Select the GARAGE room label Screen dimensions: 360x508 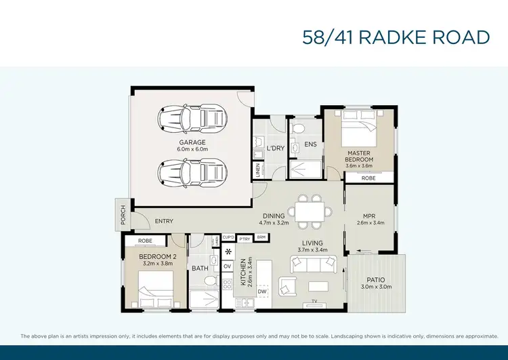click(192, 142)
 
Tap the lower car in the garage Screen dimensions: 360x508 click(192, 173)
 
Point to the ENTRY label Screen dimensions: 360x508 click(164, 221)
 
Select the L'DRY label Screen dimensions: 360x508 click(275, 148)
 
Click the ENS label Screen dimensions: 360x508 click(310, 144)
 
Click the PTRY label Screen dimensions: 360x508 click(245, 238)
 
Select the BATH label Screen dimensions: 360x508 click(200, 268)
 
